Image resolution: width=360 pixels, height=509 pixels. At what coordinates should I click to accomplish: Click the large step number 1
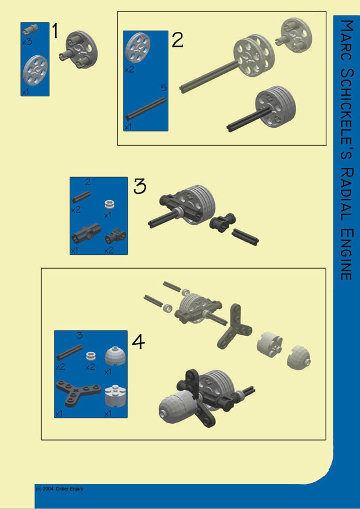[x=55, y=31]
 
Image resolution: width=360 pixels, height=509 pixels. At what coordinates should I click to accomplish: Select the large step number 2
[x=178, y=40]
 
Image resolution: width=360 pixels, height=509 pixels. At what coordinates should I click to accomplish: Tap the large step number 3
[x=140, y=187]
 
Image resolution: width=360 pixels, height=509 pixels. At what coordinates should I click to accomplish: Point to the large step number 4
[x=138, y=342]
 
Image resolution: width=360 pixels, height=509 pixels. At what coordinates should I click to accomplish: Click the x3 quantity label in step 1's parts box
[x=27, y=42]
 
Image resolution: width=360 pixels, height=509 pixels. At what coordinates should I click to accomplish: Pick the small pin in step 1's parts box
[x=30, y=29]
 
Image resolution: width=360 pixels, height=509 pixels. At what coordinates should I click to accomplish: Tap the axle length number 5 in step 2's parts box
[x=164, y=88]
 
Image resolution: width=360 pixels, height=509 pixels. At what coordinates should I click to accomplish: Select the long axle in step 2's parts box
[x=146, y=109]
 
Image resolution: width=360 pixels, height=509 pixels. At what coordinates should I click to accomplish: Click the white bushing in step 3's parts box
[x=108, y=204]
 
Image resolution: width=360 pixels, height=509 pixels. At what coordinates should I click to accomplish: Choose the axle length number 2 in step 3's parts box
[x=88, y=182]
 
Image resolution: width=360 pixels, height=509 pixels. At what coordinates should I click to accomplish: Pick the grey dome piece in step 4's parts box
[x=112, y=356]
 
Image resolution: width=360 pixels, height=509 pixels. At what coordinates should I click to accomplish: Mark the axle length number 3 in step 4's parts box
[x=80, y=336]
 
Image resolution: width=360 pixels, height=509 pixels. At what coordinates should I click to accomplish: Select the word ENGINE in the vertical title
[x=347, y=254]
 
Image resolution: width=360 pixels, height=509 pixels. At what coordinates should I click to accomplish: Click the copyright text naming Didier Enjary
[x=59, y=489]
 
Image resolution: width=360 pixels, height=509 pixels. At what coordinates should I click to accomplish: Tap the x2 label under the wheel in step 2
[x=129, y=70]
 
